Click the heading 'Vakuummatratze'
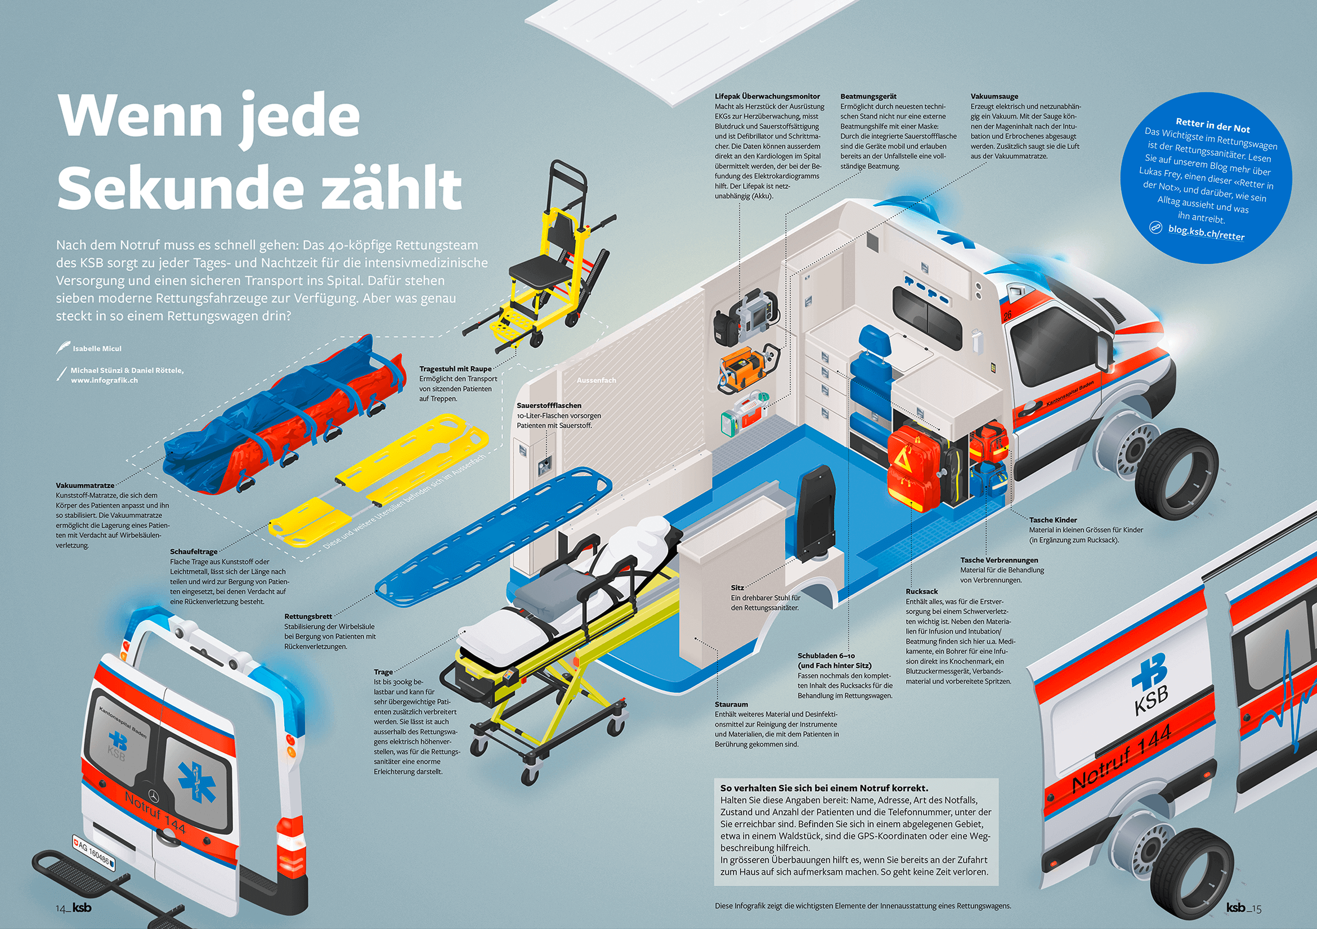click(x=85, y=485)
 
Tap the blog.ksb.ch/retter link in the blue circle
click(x=1206, y=232)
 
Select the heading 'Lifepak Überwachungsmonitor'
click(x=767, y=96)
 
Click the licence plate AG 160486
click(x=93, y=852)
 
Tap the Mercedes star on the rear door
click(x=153, y=796)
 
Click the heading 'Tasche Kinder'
click(x=1052, y=520)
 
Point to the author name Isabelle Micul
click(x=97, y=349)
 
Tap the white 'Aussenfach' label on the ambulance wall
click(x=596, y=380)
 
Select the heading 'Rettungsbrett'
click(x=308, y=617)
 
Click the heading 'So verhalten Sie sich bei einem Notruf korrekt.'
click(x=824, y=788)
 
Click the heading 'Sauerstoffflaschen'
click(x=549, y=406)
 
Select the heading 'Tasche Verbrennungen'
click(x=999, y=560)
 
